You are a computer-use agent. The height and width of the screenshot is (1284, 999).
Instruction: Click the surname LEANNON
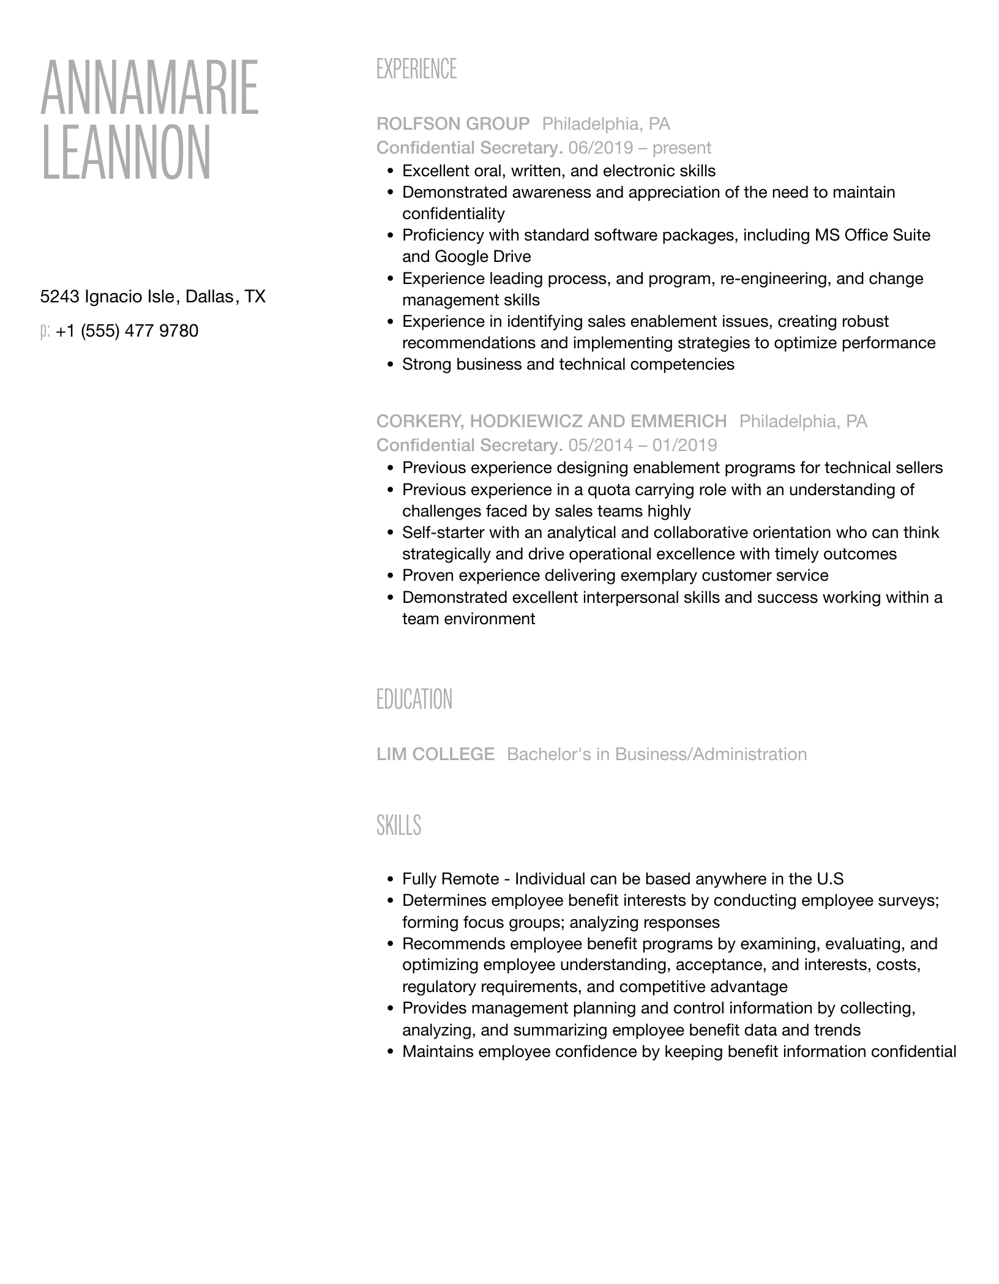126,152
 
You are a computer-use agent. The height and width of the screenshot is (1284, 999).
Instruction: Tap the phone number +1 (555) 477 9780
127,331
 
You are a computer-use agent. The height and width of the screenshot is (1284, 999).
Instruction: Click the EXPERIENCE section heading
416,69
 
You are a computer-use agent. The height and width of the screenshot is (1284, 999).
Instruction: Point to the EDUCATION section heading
414,699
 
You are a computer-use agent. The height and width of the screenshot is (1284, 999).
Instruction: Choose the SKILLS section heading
398,825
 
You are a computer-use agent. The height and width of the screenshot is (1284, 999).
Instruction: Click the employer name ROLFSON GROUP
453,124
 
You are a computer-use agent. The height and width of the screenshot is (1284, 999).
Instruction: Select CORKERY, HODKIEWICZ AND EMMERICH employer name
552,421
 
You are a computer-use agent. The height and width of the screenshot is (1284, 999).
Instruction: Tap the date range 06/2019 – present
640,148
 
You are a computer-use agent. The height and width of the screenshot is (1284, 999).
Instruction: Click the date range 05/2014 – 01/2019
643,445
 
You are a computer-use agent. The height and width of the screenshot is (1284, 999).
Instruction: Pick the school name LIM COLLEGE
435,754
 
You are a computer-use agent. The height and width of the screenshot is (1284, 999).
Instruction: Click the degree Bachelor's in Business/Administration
657,754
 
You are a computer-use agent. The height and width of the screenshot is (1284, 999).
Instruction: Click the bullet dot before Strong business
391,365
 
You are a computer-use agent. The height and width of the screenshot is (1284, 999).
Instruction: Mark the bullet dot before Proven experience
391,576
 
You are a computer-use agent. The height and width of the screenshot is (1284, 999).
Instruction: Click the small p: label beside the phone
45,332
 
